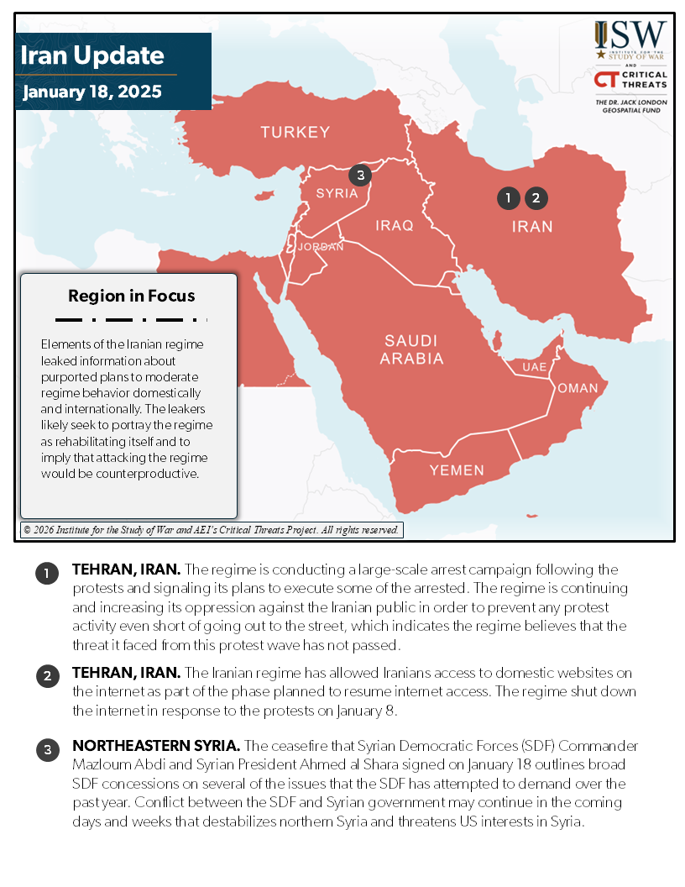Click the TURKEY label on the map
pyautogui.click(x=295, y=132)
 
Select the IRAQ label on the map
pyautogui.click(x=395, y=225)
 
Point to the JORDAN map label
pyautogui.click(x=320, y=247)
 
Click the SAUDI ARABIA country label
pyautogui.click(x=411, y=349)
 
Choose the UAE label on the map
pyautogui.click(x=534, y=367)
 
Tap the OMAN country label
pyautogui.click(x=578, y=388)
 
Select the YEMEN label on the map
pyautogui.click(x=457, y=470)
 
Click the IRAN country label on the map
pyautogui.click(x=533, y=227)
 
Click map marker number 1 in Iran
pyautogui.click(x=508, y=198)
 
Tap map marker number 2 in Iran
pyautogui.click(x=536, y=198)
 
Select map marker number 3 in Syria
pyautogui.click(x=360, y=175)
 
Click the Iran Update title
pyautogui.click(x=92, y=56)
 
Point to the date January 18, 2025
pyautogui.click(x=92, y=92)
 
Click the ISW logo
pyautogui.click(x=630, y=39)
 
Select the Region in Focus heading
pyautogui.click(x=131, y=296)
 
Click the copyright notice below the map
pyautogui.click(x=212, y=530)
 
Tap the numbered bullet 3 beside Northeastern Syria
pyautogui.click(x=47, y=751)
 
